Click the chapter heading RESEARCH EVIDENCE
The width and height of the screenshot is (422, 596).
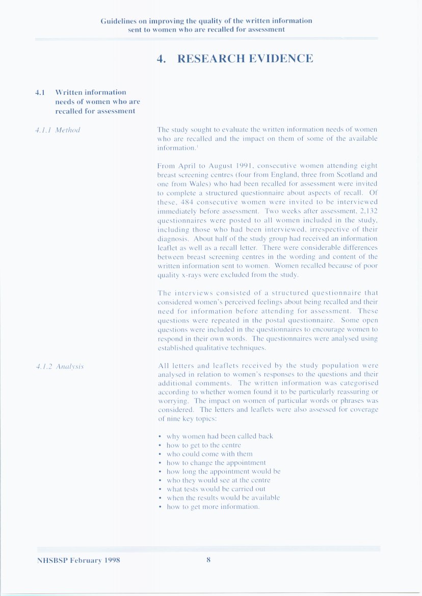click(245, 59)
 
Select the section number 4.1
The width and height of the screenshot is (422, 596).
click(40, 92)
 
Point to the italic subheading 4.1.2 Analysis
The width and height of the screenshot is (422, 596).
click(60, 366)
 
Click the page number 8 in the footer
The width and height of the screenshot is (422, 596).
click(208, 560)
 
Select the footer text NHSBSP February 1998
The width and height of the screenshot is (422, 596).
click(78, 560)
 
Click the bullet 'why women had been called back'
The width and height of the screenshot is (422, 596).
click(220, 436)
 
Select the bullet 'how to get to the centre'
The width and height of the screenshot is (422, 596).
click(203, 445)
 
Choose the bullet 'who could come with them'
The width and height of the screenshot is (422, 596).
click(209, 454)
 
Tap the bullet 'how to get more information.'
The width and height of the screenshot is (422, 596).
click(214, 507)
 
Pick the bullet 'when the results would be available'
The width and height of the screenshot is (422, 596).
click(223, 498)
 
